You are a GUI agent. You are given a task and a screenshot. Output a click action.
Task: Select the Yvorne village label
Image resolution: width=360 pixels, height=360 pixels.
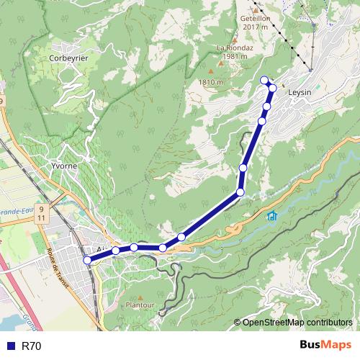click(x=64, y=165)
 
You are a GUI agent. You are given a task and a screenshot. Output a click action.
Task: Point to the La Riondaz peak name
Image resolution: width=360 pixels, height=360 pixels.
click(x=232, y=48)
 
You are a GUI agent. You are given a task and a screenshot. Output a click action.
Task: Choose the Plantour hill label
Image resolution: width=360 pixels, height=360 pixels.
click(x=140, y=305)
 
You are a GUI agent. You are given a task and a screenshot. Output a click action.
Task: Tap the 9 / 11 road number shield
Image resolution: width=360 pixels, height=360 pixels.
click(x=41, y=213)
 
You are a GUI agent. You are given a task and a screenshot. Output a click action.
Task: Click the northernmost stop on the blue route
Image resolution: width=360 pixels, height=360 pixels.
click(x=264, y=80)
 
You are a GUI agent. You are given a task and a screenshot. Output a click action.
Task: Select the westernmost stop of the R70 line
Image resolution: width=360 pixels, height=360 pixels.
click(x=88, y=260)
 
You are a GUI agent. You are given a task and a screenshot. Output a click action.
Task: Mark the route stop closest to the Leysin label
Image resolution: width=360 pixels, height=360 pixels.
click(x=272, y=88)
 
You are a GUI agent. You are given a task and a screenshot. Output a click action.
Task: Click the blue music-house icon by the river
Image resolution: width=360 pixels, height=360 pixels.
click(x=271, y=216)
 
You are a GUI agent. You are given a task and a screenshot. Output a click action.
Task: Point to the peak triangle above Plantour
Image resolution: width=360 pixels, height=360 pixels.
click(x=141, y=295)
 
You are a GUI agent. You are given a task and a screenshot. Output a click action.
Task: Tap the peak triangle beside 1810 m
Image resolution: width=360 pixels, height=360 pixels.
click(x=210, y=72)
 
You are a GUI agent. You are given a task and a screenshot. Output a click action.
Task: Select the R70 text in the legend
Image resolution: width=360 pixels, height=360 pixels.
click(x=31, y=346)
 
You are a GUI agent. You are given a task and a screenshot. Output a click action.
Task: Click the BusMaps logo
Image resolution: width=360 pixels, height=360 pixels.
click(x=326, y=346)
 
